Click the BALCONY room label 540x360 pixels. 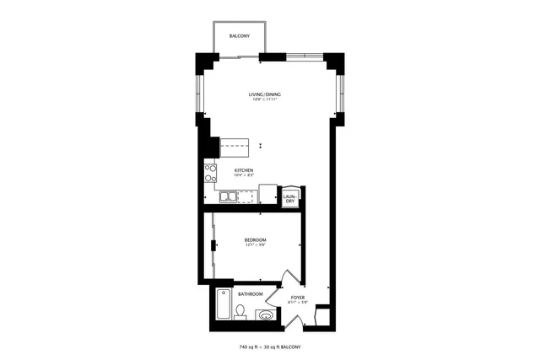[239, 36]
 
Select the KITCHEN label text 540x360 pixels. [244, 170]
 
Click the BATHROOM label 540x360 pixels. [250, 294]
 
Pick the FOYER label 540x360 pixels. [297, 298]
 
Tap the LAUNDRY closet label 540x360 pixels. [290, 199]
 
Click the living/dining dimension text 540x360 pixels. [263, 99]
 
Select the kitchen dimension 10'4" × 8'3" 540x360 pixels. [244, 176]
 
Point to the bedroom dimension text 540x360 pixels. [256, 245]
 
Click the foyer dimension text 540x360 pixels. [297, 304]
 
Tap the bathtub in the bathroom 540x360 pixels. [223, 304]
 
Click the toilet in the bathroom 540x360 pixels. [240, 313]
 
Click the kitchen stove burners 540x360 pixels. [210, 173]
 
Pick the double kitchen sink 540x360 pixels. [229, 197]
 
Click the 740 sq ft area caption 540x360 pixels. [269, 347]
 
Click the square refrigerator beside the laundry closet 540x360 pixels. [268, 193]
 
